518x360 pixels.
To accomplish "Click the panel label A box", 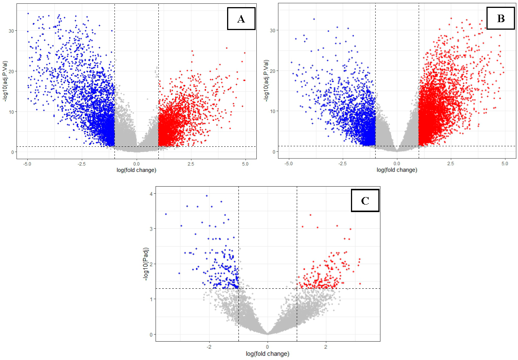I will [241, 19].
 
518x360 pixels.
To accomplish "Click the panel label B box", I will [500, 18].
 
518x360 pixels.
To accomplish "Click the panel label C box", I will [365, 201].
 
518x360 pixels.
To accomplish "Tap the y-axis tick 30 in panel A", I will [12, 31].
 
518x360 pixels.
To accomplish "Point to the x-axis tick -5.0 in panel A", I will [27, 164].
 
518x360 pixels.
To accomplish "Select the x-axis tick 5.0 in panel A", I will [245, 164].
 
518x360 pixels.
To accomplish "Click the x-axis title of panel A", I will [136, 170].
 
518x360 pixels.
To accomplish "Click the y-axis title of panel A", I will [5, 81].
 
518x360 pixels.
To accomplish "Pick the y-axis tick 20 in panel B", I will [273, 71].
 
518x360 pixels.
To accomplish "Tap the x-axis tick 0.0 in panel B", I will [397, 163].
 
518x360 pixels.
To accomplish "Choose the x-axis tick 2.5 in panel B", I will [450, 163].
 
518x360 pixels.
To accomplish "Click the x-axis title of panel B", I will [397, 170].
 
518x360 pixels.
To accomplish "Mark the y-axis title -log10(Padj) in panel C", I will [146, 264].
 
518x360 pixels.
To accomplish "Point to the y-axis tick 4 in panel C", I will [151, 194].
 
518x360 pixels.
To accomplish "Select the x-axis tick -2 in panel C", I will [209, 347].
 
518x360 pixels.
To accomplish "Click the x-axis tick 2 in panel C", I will [325, 347].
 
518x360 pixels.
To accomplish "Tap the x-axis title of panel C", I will [267, 354].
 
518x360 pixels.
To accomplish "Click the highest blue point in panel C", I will [206, 196].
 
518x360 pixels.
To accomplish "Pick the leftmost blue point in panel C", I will [166, 214].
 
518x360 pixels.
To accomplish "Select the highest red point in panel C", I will [310, 215].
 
